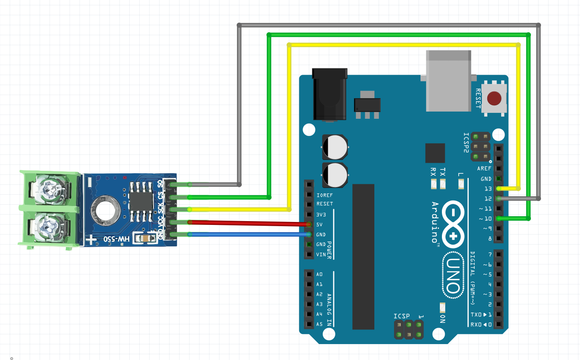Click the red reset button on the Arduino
tap(494, 99)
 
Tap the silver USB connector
tap(448, 82)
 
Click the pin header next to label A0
tap(309, 274)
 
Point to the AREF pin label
tap(484, 169)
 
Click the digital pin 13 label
tap(488, 189)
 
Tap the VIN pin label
tap(321, 254)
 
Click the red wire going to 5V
tap(248, 223)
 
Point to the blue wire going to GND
tap(248, 235)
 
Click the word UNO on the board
tap(452, 275)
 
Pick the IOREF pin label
tap(325, 195)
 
